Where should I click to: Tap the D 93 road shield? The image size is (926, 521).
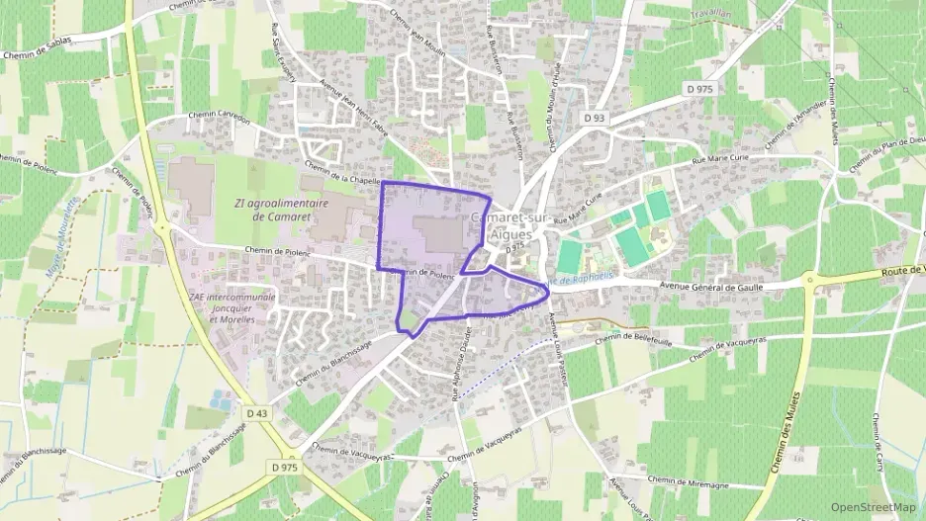[594, 119]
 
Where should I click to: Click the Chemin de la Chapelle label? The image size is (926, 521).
[343, 174]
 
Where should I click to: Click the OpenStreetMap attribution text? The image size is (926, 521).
[874, 506]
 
